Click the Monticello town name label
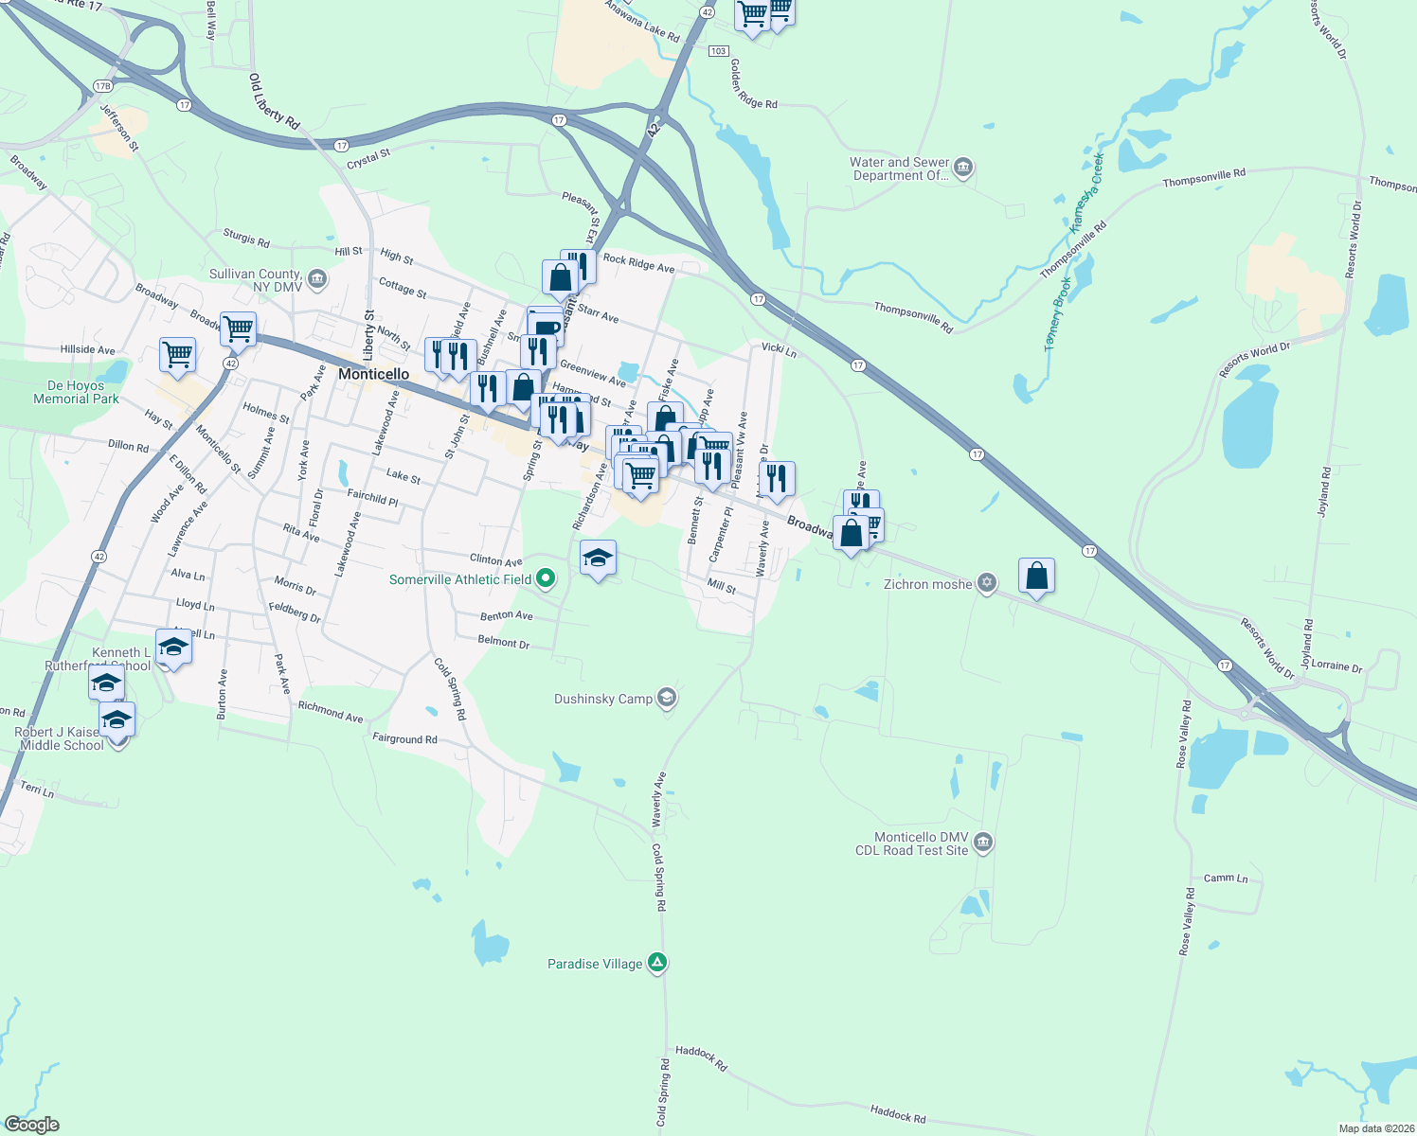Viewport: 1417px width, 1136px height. (x=374, y=374)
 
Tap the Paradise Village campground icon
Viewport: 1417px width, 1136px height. (x=658, y=963)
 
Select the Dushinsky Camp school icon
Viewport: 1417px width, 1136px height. (x=667, y=699)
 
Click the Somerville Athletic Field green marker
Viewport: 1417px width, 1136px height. (x=546, y=577)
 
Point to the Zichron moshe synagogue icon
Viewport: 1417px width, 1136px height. (x=987, y=583)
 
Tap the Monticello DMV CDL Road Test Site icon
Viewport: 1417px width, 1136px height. (x=983, y=843)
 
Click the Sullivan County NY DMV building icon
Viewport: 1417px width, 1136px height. (x=317, y=279)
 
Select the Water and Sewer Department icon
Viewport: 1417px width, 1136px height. (x=964, y=169)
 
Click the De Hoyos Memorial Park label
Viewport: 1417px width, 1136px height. (x=77, y=392)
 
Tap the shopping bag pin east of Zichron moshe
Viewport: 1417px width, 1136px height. (x=1036, y=576)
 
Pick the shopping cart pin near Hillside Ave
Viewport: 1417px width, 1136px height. (x=177, y=355)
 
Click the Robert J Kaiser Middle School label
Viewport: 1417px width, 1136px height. (x=61, y=739)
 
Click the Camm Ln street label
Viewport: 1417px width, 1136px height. (x=1226, y=879)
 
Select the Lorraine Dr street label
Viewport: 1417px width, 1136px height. (x=1336, y=666)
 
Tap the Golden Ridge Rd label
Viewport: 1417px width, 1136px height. (x=753, y=84)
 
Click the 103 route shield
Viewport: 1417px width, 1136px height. (x=718, y=50)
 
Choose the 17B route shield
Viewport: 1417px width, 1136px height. (x=102, y=86)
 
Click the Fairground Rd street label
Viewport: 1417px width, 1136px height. (x=404, y=738)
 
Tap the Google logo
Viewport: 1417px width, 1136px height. (x=32, y=1125)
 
